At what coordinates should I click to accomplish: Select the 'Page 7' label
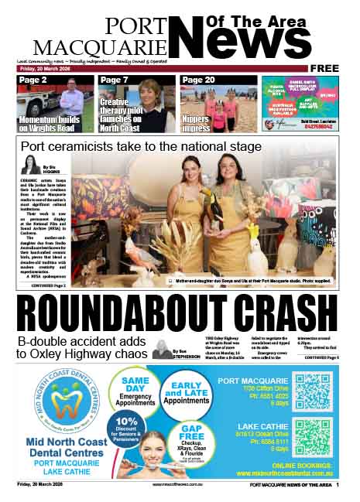(x=115, y=80)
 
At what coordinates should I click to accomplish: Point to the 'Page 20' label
(x=198, y=80)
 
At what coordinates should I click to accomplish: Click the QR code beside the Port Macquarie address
(x=313, y=391)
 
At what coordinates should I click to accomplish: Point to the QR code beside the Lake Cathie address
(x=313, y=438)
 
